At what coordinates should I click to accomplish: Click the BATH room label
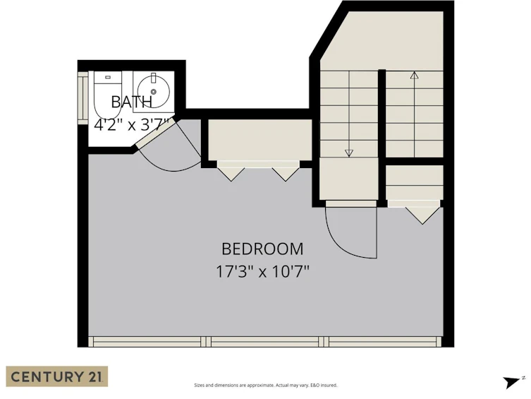[132, 102]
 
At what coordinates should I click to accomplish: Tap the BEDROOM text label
[262, 249]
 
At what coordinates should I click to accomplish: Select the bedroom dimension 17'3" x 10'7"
[263, 272]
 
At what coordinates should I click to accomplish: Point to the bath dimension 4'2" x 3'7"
[131, 125]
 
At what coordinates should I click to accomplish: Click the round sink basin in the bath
[154, 92]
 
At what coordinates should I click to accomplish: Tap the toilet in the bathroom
[107, 95]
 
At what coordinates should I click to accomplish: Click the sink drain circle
[154, 92]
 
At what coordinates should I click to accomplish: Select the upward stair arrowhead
[414, 76]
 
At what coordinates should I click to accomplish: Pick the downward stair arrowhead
[349, 153]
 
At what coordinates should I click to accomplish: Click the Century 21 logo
[57, 376]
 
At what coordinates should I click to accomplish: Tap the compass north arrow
[511, 382]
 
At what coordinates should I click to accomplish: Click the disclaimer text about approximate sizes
[265, 385]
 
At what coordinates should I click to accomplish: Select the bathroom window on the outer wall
[83, 98]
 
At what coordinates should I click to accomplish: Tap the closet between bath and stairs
[260, 140]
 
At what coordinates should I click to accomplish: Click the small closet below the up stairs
[415, 182]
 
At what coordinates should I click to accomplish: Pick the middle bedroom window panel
[264, 342]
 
